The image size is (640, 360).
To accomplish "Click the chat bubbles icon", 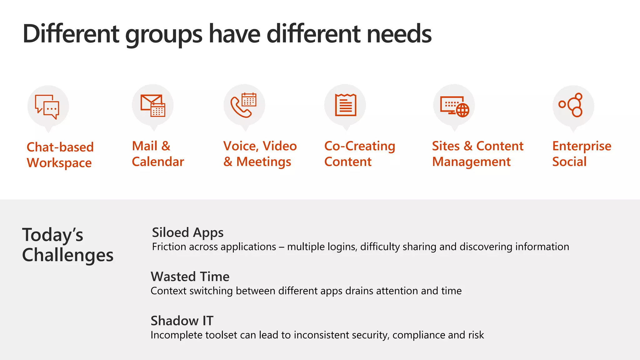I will (x=47, y=107).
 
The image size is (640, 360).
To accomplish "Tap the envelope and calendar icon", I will (x=153, y=106).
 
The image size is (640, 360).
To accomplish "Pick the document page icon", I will (x=345, y=105).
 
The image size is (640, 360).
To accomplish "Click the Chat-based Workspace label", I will (x=60, y=155).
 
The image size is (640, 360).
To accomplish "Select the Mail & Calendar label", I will (x=158, y=154).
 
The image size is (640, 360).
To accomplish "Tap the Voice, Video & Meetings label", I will (x=260, y=154).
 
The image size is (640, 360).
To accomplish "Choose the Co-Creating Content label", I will (x=360, y=154).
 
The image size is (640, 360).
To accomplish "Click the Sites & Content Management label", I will (x=477, y=154).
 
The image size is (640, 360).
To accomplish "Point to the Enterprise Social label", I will (x=582, y=154).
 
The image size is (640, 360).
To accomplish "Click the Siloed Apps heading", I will (x=187, y=233).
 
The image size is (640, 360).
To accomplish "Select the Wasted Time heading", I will (x=190, y=277).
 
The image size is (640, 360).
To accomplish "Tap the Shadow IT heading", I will (x=182, y=321).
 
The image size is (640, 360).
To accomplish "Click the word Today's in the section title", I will (x=52, y=235).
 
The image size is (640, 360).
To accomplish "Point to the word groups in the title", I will (x=164, y=34).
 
